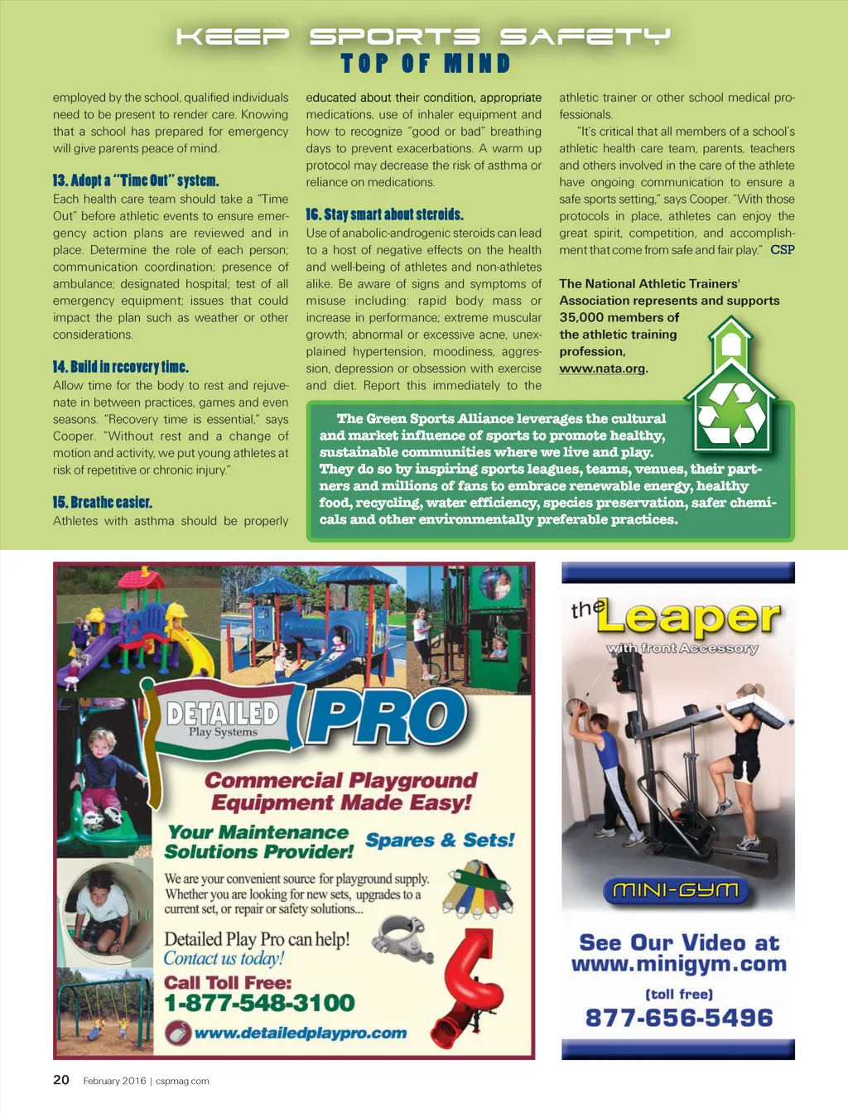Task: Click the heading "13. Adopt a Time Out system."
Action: point(136,181)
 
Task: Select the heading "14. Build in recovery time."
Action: point(121,367)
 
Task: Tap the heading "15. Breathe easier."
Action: point(103,503)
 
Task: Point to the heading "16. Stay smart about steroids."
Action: point(384,214)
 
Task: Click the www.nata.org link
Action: point(602,369)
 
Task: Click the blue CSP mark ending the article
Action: point(783,249)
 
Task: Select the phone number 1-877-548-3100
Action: point(259,1003)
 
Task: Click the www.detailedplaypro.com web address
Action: point(300,1033)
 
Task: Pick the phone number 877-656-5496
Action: point(678,1018)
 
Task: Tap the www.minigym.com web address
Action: point(678,964)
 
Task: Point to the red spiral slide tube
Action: point(472,985)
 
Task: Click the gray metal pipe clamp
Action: point(402,940)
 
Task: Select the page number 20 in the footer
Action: point(61,1080)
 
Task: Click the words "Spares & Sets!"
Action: point(440,840)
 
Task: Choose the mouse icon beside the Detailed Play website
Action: point(177,1033)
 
